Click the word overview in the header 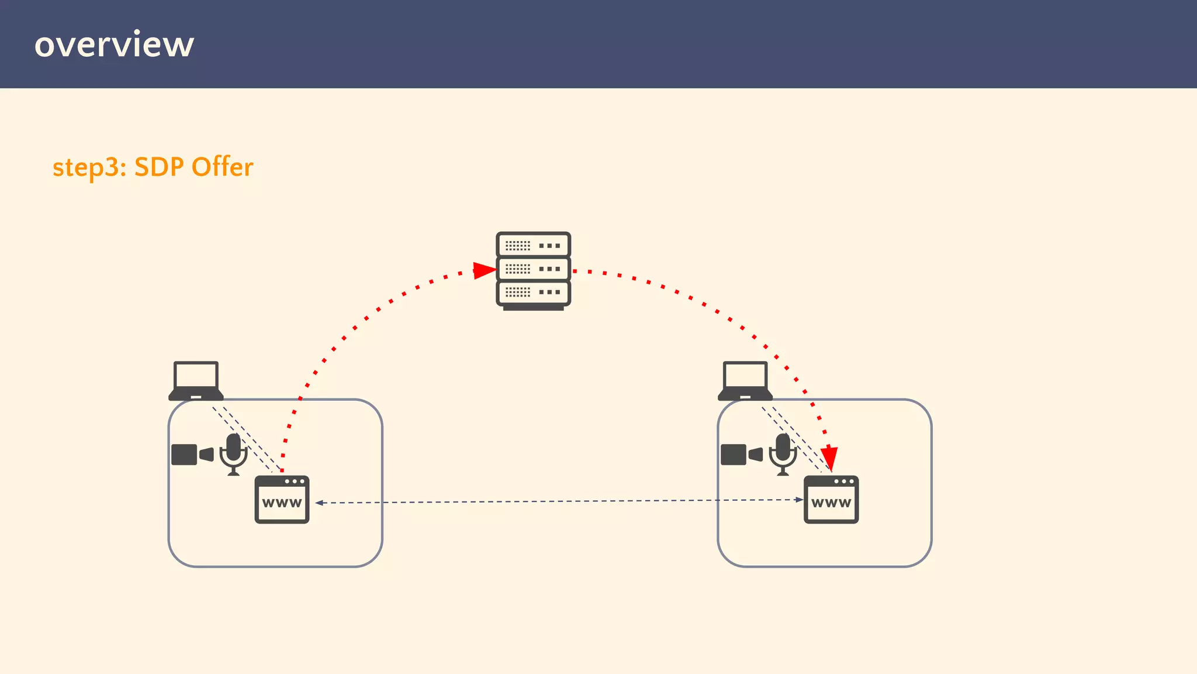[114, 44]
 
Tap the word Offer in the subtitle [222, 167]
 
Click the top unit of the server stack [533, 245]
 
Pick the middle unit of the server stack [533, 269]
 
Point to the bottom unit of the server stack [533, 292]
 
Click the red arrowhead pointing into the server [484, 270]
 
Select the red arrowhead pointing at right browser [829, 458]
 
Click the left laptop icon [196, 381]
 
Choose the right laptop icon [745, 381]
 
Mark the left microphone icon [234, 454]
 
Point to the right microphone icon [783, 454]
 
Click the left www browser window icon [282, 500]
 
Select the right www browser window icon [831, 500]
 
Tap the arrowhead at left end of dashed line [319, 503]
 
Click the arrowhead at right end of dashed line [799, 500]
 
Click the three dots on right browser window [844, 482]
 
